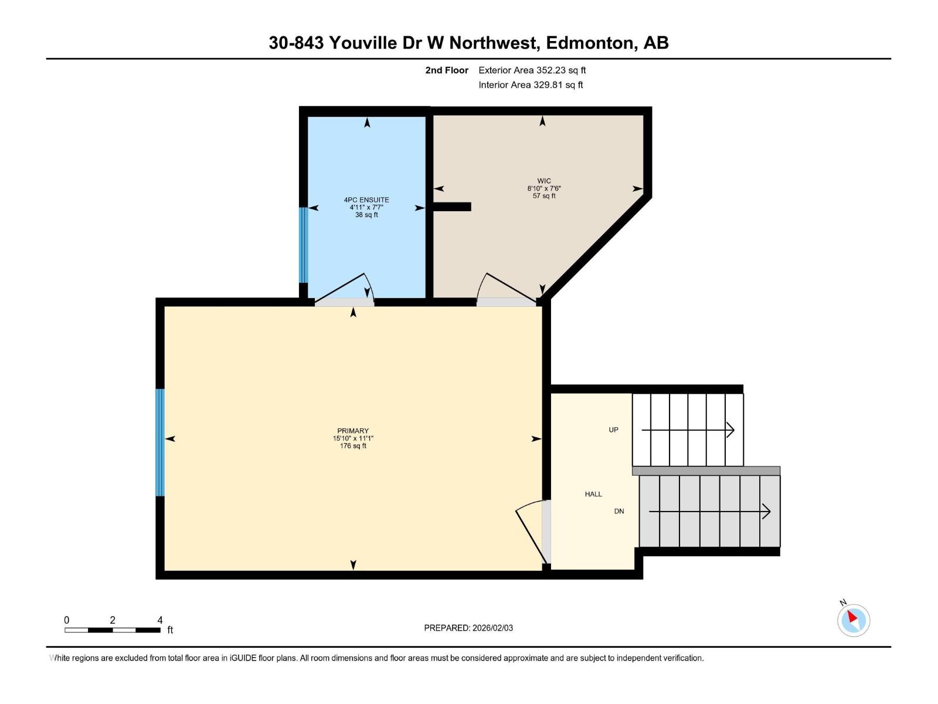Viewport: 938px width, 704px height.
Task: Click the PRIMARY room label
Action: click(x=353, y=431)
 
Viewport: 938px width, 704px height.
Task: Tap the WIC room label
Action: click(x=543, y=181)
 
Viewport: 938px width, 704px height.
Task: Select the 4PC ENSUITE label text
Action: click(x=366, y=200)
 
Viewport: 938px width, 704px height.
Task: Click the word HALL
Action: click(x=593, y=495)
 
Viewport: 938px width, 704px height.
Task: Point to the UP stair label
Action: click(x=613, y=430)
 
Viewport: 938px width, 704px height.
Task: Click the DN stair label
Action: click(x=619, y=512)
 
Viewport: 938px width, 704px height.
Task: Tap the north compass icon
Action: click(x=853, y=620)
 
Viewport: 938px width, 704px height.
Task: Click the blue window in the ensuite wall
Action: click(x=303, y=245)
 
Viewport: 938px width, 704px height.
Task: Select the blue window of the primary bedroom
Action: click(x=160, y=442)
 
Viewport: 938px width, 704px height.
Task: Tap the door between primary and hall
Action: click(x=532, y=531)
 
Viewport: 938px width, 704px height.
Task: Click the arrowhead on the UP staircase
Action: click(x=730, y=430)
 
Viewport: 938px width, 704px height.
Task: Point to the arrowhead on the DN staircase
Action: click(x=766, y=512)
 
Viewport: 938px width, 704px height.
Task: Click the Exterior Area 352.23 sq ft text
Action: click(x=532, y=70)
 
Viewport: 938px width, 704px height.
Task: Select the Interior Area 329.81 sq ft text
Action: click(x=531, y=85)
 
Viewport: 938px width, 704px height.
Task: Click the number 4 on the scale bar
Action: click(x=160, y=620)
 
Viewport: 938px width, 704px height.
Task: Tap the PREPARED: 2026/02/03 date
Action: click(x=468, y=628)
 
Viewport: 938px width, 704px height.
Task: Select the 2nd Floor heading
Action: click(x=447, y=70)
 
